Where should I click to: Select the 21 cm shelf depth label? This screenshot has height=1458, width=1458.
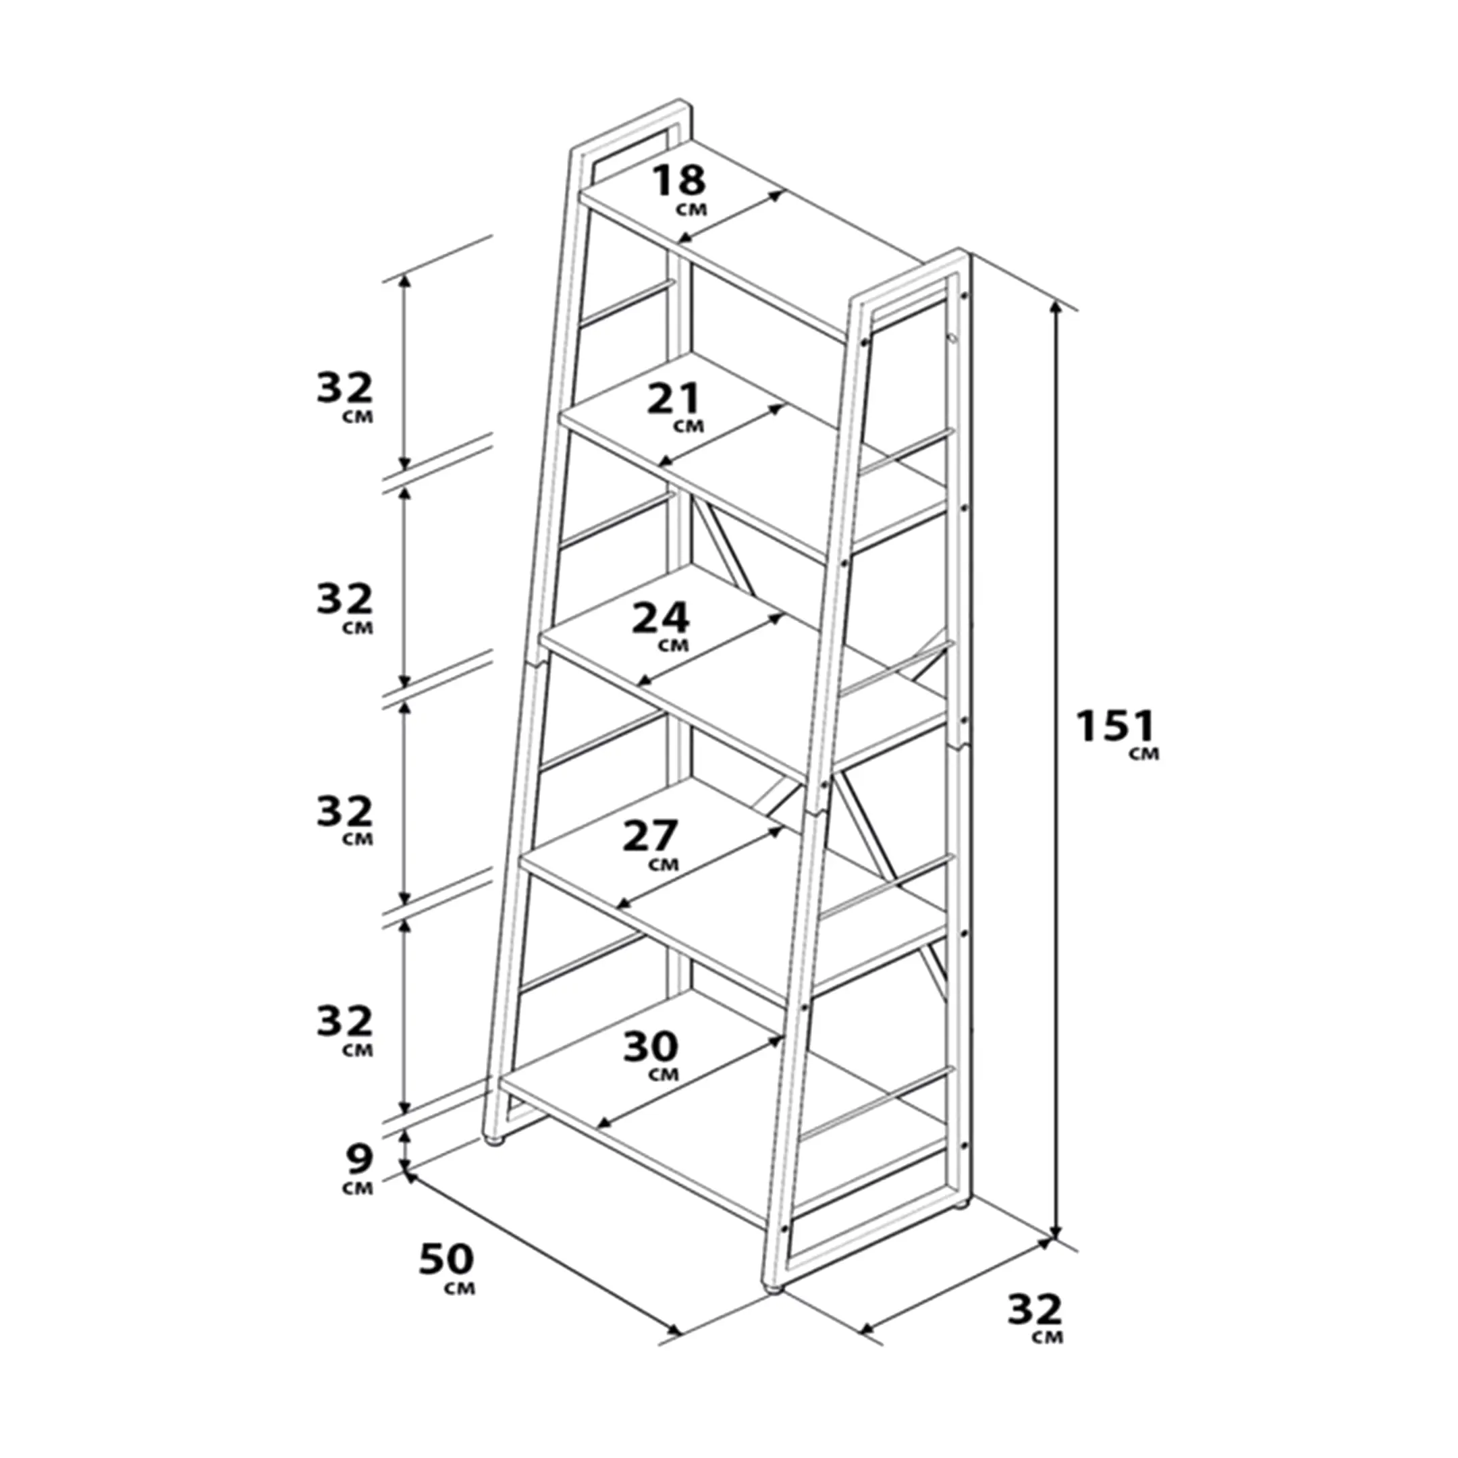[676, 408]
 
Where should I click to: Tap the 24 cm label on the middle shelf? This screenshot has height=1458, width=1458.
[661, 626]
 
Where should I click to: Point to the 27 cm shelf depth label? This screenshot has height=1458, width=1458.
[653, 845]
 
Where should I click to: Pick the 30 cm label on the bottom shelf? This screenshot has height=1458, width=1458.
[651, 1056]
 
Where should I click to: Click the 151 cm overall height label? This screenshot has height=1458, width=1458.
[1117, 733]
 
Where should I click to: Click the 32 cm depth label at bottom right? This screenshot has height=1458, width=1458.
[1035, 1318]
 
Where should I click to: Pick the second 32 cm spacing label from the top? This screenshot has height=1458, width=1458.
[345, 607]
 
